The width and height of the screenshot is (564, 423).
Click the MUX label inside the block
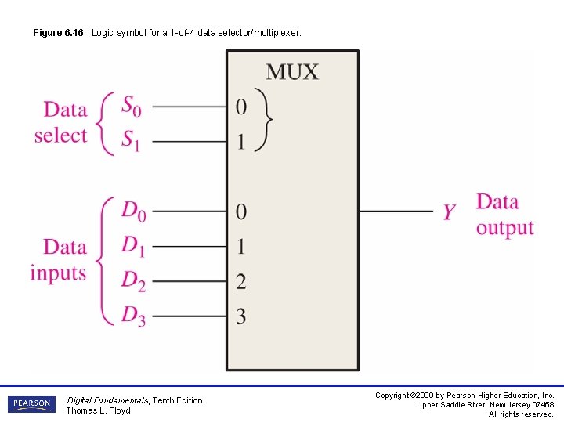point(292,72)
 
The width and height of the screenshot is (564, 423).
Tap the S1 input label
point(132,140)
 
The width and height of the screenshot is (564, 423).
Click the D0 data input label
point(133,211)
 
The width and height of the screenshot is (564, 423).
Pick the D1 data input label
point(133,246)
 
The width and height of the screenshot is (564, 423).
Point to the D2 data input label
point(133,280)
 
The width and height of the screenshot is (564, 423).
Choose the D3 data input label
point(133,316)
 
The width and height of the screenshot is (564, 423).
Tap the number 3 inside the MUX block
point(241,316)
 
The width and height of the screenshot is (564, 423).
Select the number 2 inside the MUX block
point(241,280)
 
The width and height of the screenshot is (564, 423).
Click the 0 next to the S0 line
point(241,107)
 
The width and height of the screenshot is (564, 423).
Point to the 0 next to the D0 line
point(241,211)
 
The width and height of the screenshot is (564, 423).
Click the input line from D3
point(188,316)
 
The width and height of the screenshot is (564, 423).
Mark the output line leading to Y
point(396,211)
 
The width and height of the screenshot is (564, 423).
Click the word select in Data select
point(60,136)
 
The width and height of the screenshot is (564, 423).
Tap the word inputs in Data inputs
point(59,273)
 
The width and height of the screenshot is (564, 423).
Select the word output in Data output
point(504,228)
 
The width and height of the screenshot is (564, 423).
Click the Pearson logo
point(31,404)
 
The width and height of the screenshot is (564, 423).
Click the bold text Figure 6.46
point(58,33)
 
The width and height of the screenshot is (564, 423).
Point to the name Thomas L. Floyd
point(98,411)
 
